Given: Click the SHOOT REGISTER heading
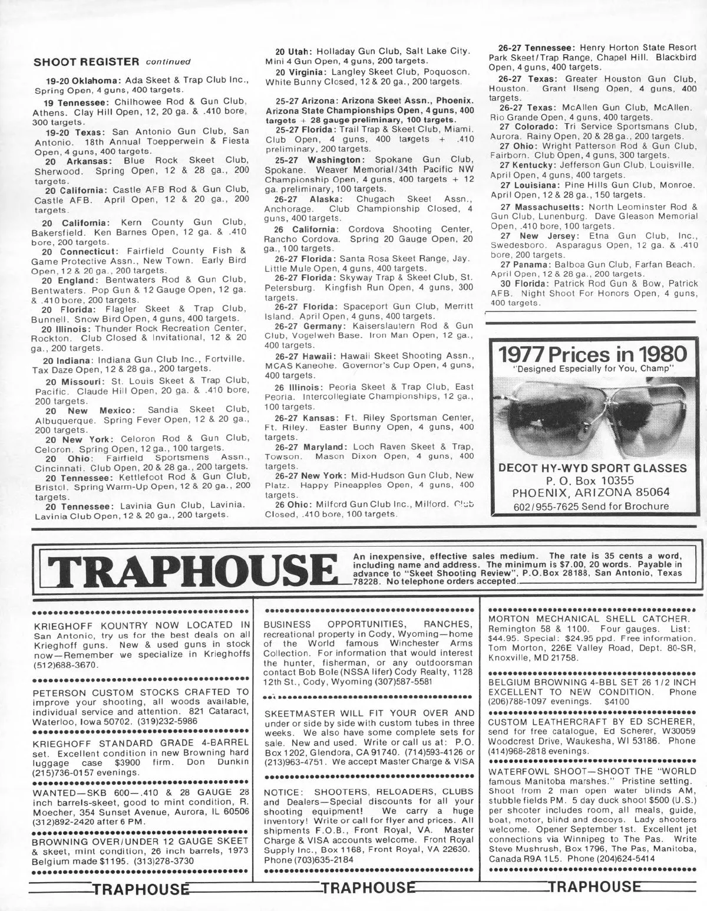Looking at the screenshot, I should point(86,61).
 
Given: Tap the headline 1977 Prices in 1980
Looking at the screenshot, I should point(593,354).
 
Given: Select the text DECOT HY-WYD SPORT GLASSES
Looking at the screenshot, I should point(592,468).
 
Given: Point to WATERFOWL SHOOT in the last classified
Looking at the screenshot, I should point(537,771).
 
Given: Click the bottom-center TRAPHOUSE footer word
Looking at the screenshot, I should point(367,887).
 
